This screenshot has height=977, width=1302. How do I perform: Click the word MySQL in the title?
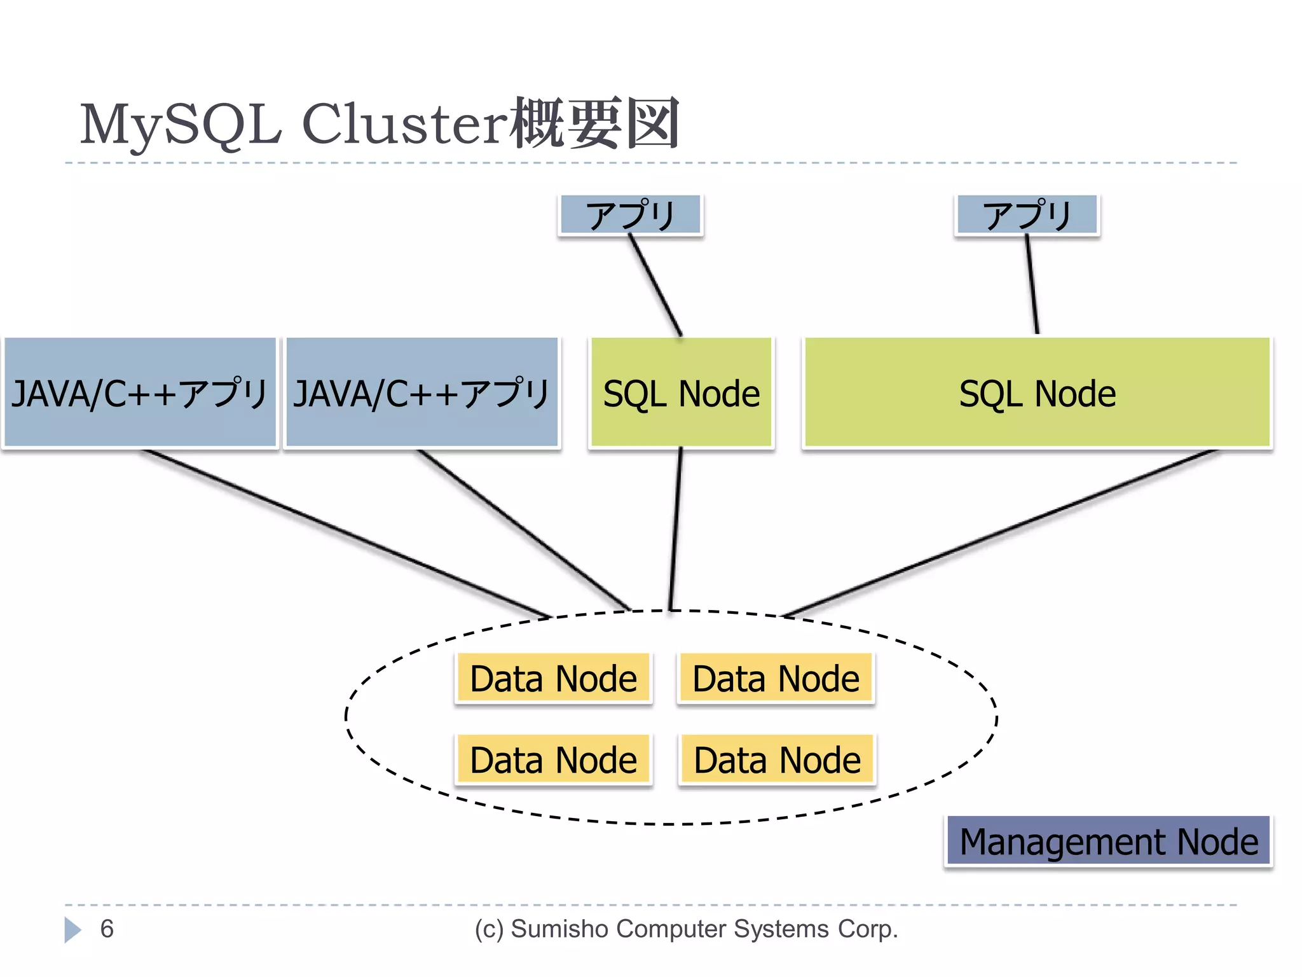(x=181, y=125)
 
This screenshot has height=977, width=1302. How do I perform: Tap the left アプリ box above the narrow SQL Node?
(x=630, y=215)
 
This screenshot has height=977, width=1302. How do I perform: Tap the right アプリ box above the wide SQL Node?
(x=1027, y=215)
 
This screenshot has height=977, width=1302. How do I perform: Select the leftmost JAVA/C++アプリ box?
(x=140, y=392)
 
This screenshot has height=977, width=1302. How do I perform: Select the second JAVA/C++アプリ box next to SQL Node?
(x=422, y=392)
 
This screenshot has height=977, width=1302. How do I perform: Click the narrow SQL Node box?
(x=681, y=392)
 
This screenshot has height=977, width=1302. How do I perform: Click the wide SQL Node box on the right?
(x=1037, y=392)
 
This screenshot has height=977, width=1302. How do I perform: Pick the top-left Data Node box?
(x=554, y=678)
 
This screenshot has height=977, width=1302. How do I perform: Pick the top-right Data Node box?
(x=776, y=678)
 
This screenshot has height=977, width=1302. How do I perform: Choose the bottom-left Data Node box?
(x=554, y=759)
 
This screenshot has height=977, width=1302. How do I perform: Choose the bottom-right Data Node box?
(x=777, y=759)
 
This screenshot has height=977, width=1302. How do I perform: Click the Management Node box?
(x=1108, y=841)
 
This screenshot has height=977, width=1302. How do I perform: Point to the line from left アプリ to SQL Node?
(x=655, y=285)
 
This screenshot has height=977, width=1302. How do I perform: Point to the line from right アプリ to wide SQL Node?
(x=1032, y=284)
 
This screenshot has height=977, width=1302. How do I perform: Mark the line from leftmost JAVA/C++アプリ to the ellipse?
(x=346, y=533)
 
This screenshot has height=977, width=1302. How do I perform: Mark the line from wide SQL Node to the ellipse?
(x=1001, y=533)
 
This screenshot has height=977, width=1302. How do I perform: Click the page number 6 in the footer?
(x=107, y=929)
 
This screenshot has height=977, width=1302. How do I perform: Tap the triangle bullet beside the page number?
(x=72, y=930)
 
